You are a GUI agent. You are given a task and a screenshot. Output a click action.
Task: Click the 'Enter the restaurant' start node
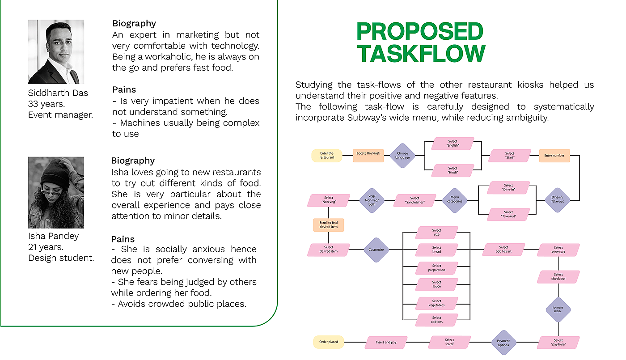(327, 156)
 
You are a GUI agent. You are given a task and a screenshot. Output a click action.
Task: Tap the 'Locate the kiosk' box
(368, 154)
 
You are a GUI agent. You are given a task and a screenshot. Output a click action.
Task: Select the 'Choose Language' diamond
(402, 156)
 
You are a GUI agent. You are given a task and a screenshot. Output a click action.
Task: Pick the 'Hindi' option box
(453, 170)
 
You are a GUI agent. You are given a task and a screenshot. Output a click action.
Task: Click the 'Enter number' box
(554, 156)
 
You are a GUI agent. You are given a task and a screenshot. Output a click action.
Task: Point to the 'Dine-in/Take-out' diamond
(558, 200)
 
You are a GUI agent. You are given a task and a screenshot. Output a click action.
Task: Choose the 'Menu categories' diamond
(455, 200)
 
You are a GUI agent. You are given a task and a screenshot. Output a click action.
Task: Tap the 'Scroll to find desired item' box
(329, 225)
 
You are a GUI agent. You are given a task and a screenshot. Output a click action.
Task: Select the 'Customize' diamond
(376, 250)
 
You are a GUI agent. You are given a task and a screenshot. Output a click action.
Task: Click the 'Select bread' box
(437, 250)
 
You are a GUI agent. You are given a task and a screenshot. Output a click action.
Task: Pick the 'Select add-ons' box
(437, 320)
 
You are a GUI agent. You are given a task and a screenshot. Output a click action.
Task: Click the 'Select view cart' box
(558, 250)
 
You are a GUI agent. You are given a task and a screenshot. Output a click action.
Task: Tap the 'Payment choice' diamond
(558, 309)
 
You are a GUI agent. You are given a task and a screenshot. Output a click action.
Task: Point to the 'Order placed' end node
(329, 342)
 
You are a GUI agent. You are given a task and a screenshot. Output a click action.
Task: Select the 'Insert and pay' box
(386, 343)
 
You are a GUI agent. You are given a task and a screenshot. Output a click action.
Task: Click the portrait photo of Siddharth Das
(56, 52)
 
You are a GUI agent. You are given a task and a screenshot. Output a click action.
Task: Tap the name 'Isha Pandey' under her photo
(53, 236)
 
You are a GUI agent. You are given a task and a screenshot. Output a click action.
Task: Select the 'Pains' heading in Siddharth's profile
(124, 90)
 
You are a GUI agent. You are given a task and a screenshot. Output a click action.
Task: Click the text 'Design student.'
(61, 258)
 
